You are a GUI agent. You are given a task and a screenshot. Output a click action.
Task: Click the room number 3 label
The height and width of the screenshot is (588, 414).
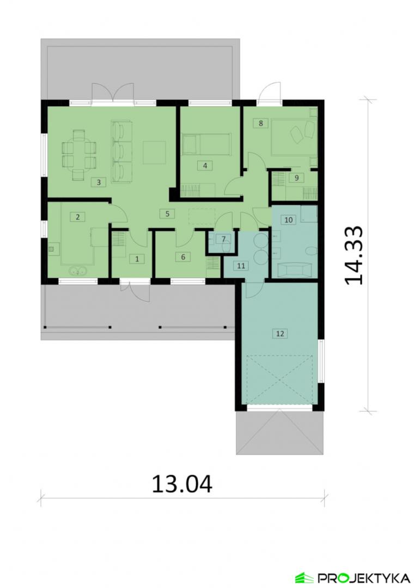pos(99,182)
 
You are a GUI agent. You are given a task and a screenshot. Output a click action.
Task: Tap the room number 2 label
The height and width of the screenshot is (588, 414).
pos(78,217)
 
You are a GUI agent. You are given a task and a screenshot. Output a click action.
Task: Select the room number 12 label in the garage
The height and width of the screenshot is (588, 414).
pos(279,333)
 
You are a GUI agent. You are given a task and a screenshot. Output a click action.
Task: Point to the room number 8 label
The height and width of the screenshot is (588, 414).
pos(261,122)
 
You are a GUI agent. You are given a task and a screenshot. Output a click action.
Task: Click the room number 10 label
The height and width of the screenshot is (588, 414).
pos(288,219)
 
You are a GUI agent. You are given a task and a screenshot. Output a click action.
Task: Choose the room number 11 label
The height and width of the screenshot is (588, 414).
pos(241,266)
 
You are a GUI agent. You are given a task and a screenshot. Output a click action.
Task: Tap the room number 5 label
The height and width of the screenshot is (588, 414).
pos(167,214)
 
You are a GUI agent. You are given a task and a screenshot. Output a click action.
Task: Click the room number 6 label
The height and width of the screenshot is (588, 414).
pos(183,257)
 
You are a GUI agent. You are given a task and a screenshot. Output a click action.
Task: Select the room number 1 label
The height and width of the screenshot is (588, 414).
pos(137,259)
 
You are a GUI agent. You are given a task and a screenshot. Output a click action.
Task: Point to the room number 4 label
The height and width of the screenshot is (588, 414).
pos(205,166)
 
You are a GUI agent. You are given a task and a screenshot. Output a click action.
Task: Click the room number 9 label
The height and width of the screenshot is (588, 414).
pos(296,177)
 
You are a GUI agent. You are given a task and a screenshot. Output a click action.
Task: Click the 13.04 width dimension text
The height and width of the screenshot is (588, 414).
pos(182,484)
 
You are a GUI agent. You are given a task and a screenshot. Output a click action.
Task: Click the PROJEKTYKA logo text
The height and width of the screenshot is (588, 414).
pos(363,577)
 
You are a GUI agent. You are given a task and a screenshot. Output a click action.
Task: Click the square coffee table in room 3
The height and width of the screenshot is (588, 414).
pos(154,152)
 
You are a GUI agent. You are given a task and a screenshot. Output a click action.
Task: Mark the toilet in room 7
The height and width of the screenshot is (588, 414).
pos(226,246)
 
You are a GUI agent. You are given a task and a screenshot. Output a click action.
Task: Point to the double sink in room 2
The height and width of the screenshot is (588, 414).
pos(78,271)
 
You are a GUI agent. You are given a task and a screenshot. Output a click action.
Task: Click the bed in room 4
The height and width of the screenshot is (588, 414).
pos(206,144)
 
